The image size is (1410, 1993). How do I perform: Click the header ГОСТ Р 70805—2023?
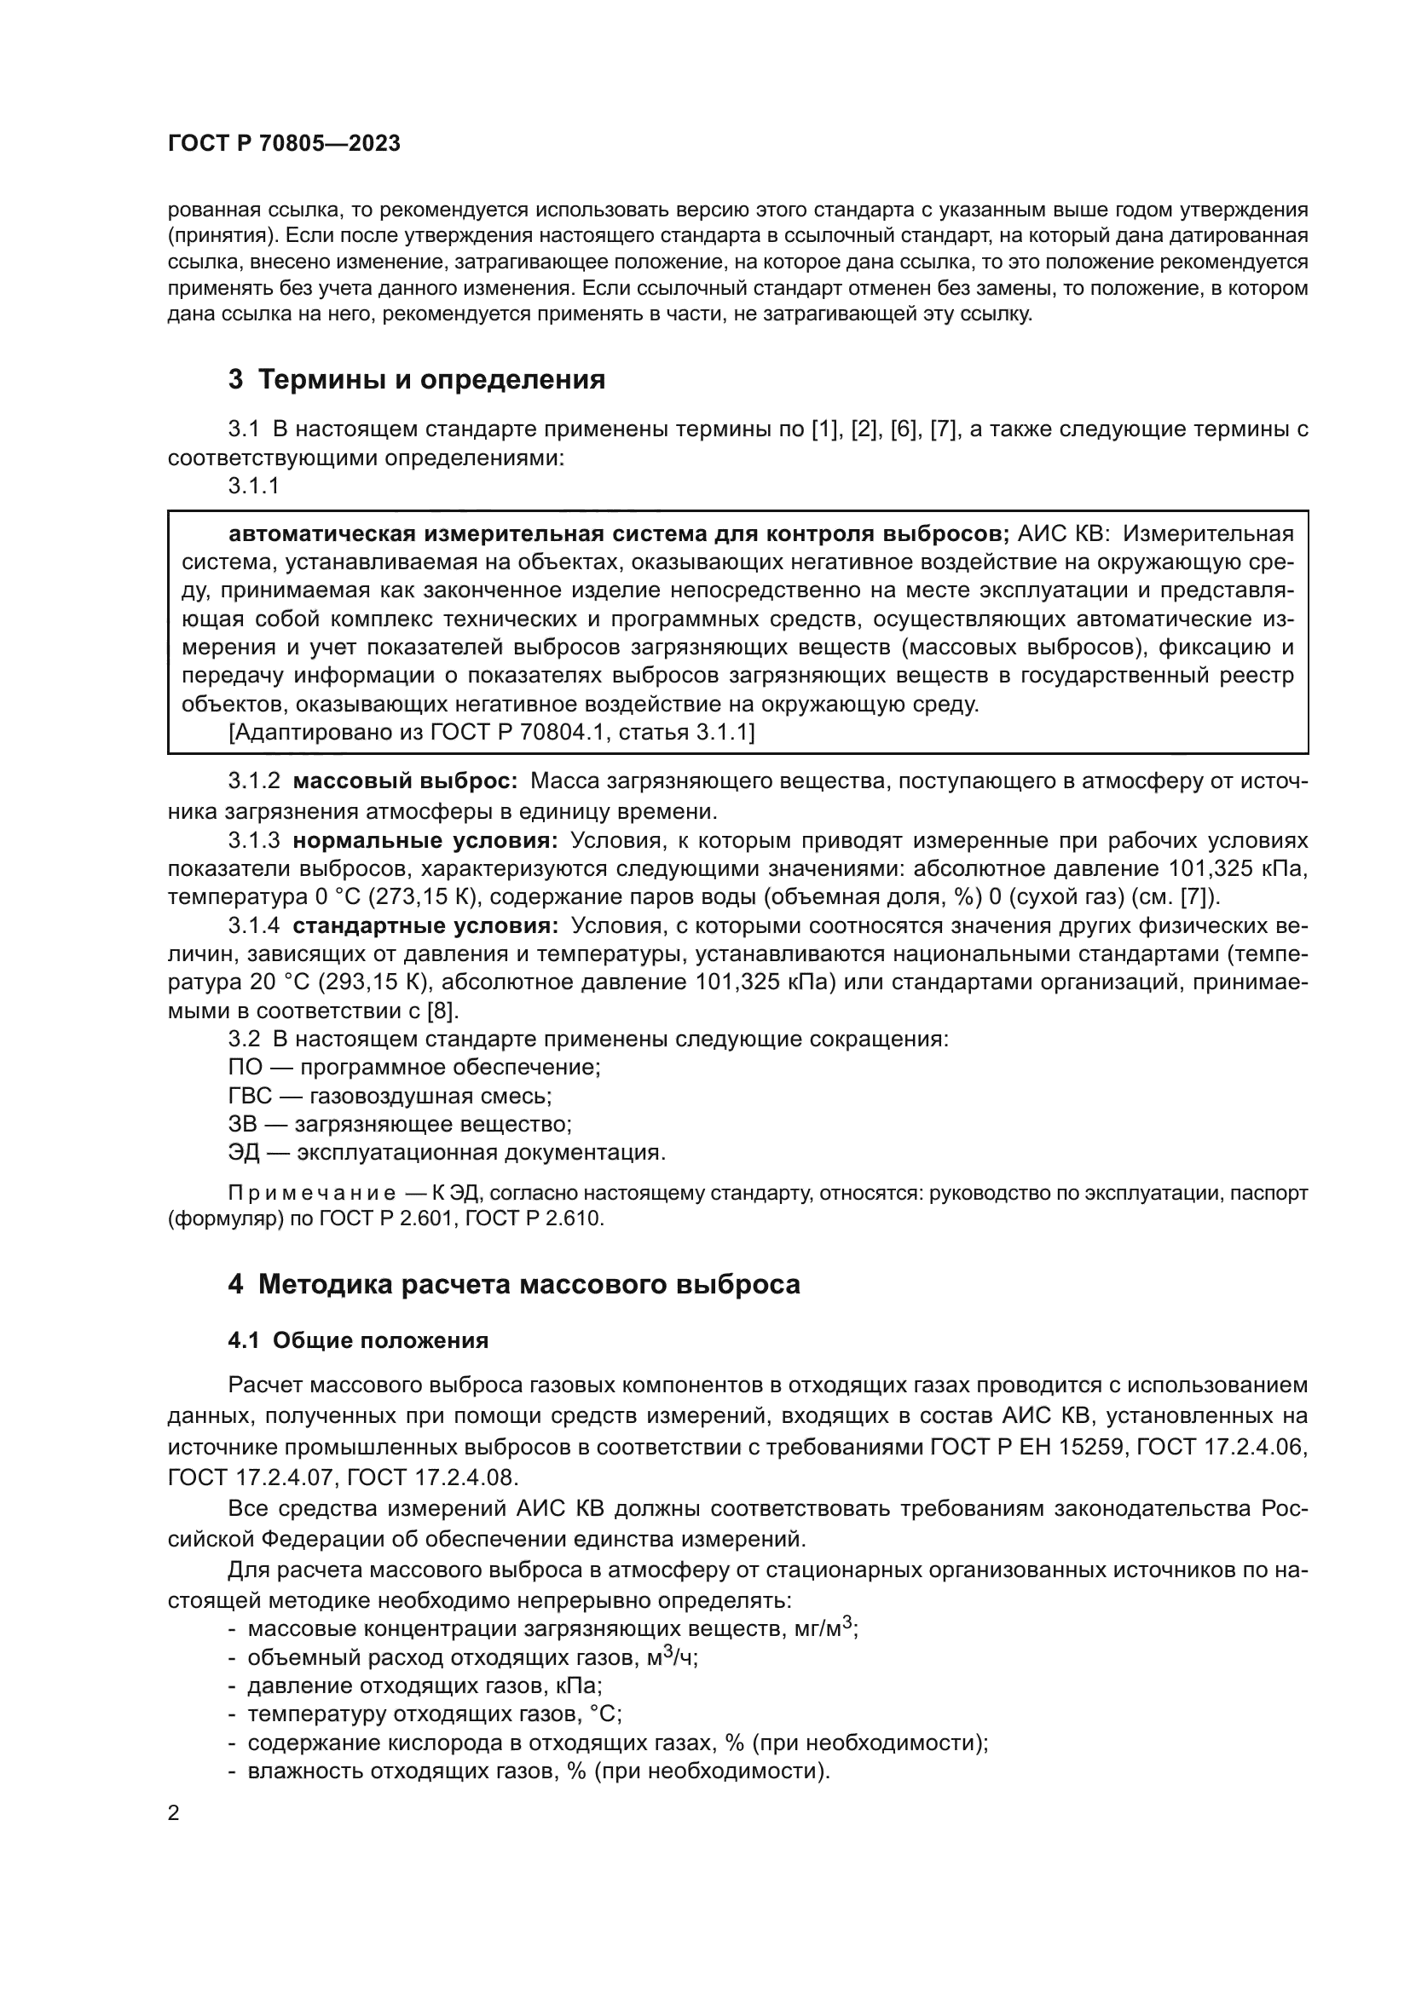[x=284, y=144]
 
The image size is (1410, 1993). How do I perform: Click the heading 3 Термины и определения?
[x=417, y=380]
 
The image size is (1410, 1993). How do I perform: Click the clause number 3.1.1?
[x=253, y=486]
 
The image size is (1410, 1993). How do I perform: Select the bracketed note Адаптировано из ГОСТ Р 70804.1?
[x=491, y=733]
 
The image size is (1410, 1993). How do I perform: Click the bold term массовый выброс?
[x=405, y=781]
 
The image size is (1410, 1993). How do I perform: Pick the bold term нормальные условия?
[x=425, y=840]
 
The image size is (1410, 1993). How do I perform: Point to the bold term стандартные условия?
[x=425, y=926]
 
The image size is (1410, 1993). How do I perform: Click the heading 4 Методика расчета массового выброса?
[x=514, y=1284]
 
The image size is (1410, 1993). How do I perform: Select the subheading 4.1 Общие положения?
[x=358, y=1341]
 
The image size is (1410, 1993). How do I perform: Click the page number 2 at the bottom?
[x=174, y=1814]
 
